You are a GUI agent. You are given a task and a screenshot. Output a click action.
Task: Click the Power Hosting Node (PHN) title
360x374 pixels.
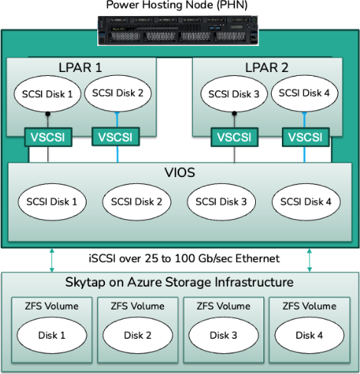click(177, 5)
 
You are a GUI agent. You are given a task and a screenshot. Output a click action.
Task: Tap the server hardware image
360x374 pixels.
click(178, 31)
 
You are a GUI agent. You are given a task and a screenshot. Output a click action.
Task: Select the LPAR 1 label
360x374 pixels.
click(80, 67)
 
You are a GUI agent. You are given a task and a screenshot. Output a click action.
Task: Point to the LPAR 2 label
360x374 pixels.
click(267, 67)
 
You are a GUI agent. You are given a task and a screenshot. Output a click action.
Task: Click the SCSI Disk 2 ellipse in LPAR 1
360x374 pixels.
click(118, 93)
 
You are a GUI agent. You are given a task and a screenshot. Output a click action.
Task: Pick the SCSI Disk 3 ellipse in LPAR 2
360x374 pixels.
click(234, 94)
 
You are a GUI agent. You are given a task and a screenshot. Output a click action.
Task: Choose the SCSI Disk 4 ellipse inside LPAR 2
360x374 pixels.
click(304, 93)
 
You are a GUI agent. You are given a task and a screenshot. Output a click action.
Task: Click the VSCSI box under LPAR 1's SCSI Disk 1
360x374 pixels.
click(48, 137)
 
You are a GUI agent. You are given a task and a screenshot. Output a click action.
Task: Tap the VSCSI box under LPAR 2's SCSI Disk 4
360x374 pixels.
click(306, 137)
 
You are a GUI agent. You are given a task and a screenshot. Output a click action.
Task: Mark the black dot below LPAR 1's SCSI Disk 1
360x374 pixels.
click(47, 114)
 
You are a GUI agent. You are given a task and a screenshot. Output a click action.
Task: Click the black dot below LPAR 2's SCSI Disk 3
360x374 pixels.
click(234, 113)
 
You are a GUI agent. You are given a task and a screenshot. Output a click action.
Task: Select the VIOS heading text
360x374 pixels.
click(180, 172)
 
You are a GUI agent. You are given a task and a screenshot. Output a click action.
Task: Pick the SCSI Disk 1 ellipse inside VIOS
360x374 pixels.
click(52, 202)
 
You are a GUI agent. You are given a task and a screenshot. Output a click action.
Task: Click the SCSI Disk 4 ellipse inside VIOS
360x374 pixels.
click(306, 202)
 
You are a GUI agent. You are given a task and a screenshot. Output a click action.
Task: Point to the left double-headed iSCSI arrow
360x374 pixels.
click(52, 261)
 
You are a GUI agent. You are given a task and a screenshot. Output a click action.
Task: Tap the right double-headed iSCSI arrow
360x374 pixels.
click(309, 261)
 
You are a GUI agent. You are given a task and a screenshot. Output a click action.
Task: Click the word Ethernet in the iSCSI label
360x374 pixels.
click(257, 258)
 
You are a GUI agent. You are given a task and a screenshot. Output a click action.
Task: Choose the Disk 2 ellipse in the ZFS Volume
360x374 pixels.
click(138, 336)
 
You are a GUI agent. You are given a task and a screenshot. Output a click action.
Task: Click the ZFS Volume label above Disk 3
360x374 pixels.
click(224, 306)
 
